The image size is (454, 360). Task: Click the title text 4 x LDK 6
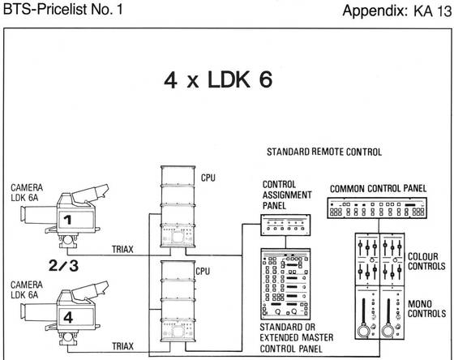coord(218,79)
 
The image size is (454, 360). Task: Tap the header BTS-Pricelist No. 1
coord(63,9)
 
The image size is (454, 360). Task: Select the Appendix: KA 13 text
coord(397,11)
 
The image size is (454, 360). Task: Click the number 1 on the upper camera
coord(67,220)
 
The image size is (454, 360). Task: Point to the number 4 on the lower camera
coord(68,317)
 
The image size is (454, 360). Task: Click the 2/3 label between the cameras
coord(64,265)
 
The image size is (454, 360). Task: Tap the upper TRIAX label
coord(122,249)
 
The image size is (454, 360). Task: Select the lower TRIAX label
coord(122,346)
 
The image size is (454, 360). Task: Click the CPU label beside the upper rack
coord(208,178)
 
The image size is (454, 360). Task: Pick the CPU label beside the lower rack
coord(203,272)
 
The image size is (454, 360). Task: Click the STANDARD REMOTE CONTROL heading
coord(324,152)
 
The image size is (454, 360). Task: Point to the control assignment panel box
coord(285,225)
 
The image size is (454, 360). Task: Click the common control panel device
coord(377,208)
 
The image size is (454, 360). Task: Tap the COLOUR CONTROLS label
coord(426,261)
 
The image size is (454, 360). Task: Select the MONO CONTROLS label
coord(426,309)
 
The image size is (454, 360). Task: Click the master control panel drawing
coord(285,284)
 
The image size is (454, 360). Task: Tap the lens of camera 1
coord(37,214)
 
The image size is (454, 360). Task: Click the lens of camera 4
coord(37,311)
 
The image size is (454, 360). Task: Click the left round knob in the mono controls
coord(363,330)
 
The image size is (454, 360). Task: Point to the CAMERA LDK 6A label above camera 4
coord(27,289)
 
